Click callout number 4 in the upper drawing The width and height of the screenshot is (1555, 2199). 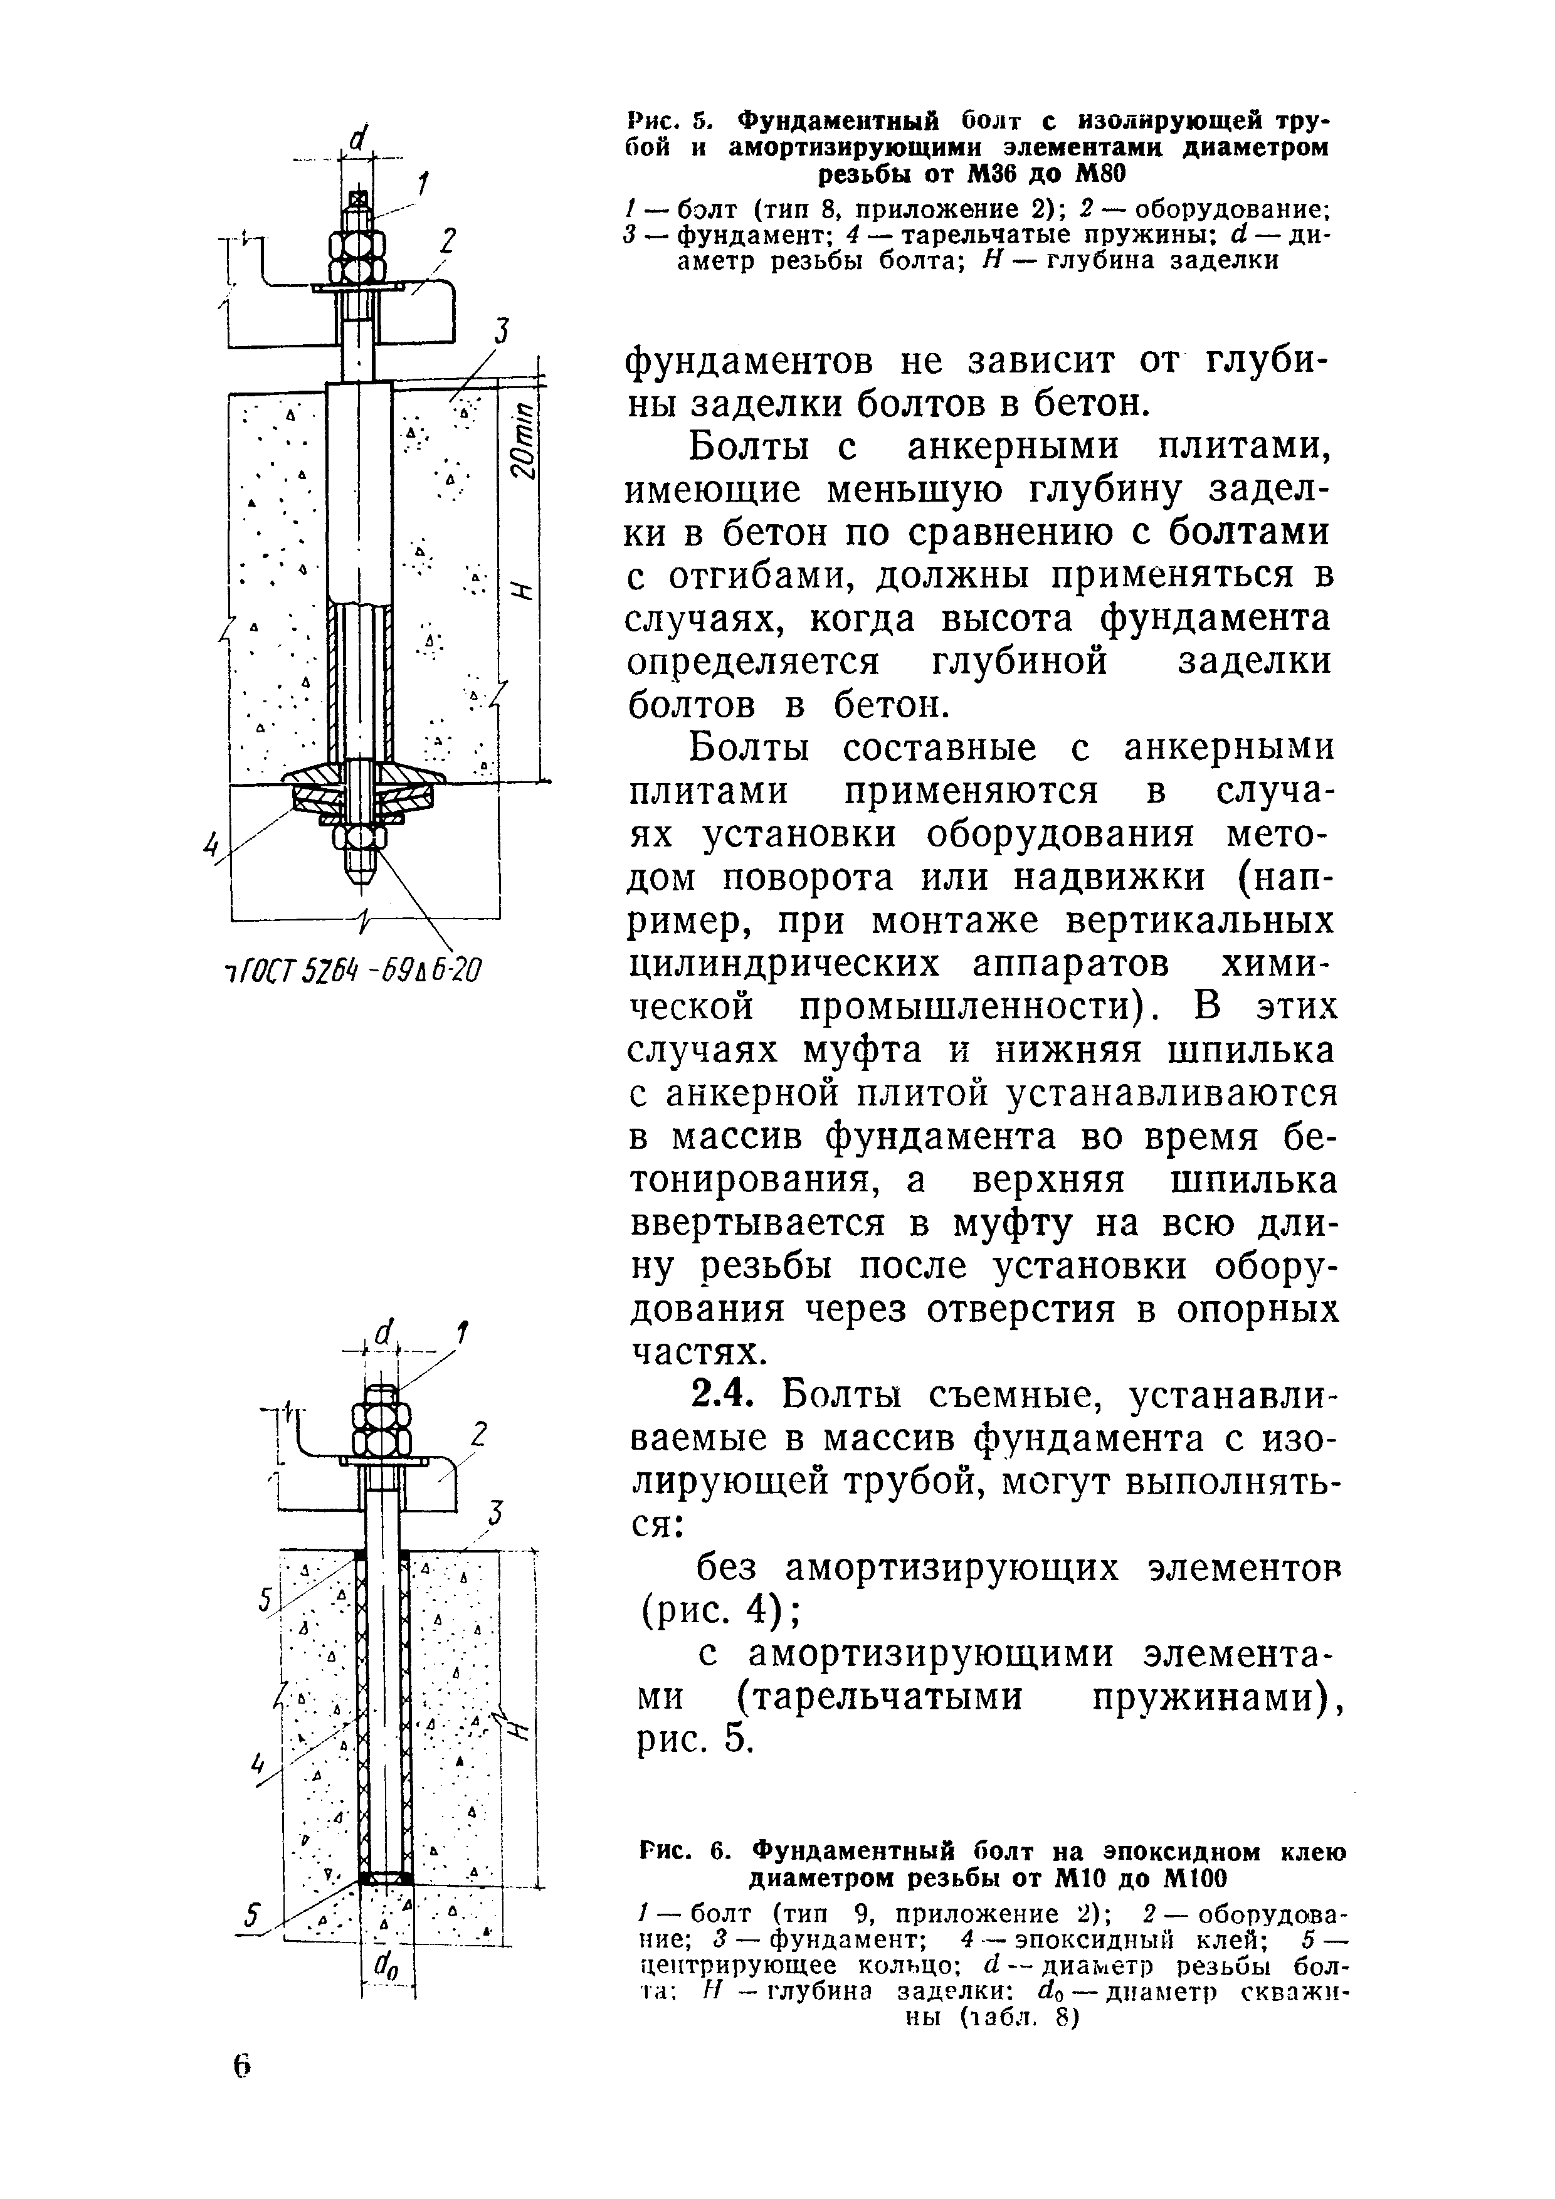(x=213, y=843)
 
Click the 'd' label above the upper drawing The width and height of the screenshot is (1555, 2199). (x=357, y=141)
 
